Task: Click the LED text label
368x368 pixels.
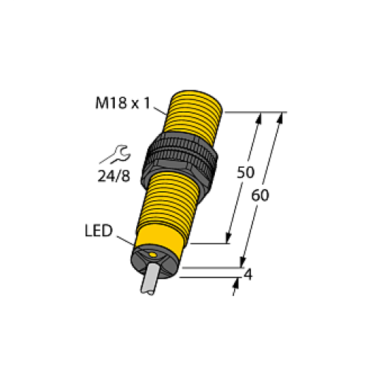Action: [97, 232]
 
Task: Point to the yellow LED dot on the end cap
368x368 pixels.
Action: [152, 255]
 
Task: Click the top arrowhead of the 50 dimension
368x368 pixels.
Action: [258, 117]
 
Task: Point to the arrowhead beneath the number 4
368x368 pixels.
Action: [236, 289]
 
